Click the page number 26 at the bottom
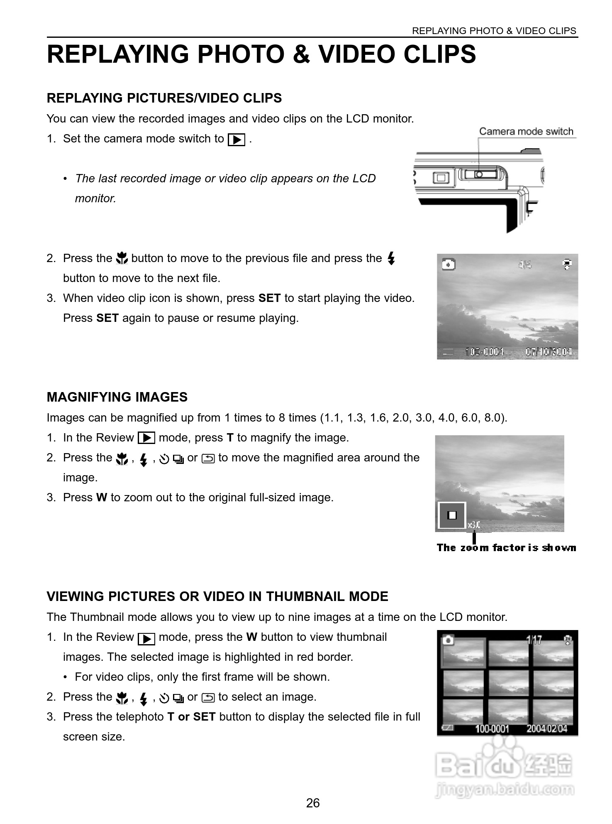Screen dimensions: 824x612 tap(312, 803)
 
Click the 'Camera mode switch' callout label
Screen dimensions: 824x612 tap(526, 132)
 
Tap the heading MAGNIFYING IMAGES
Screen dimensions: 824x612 tap(117, 397)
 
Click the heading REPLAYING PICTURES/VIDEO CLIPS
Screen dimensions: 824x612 tap(164, 98)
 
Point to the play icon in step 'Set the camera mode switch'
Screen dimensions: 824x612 tap(237, 140)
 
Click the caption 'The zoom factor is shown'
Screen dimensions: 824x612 tap(506, 548)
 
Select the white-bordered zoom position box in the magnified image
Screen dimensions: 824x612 tap(452, 515)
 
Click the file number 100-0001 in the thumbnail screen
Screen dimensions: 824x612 tap(492, 728)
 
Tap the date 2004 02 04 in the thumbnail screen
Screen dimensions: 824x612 tap(546, 728)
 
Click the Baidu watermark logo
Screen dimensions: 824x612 tap(504, 764)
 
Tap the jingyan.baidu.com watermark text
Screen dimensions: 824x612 tap(505, 789)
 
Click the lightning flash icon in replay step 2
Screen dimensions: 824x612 tap(391, 259)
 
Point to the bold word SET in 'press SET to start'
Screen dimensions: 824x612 tap(269, 298)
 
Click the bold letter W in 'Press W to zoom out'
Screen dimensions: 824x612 tap(102, 498)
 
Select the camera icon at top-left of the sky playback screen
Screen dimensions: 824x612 tap(448, 264)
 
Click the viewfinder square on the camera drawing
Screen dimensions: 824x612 tap(441, 178)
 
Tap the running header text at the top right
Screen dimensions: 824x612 tap(494, 31)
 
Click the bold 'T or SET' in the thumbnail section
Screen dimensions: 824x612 tap(191, 717)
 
